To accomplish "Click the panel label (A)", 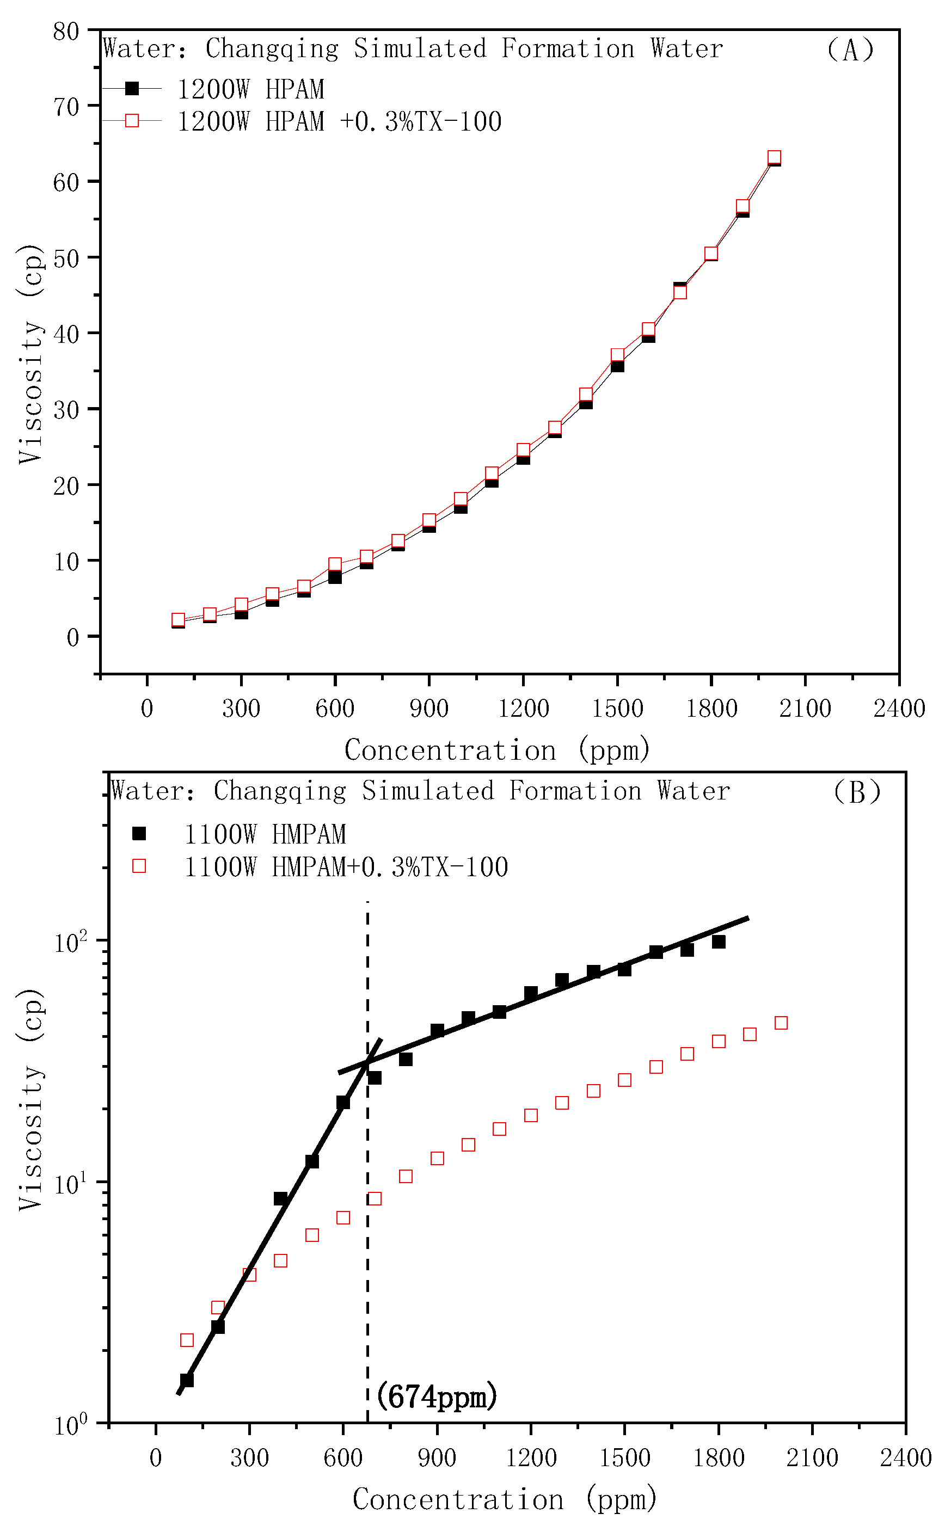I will click(x=849, y=50).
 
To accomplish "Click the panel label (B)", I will click(x=856, y=792).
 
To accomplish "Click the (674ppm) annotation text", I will click(x=437, y=1396).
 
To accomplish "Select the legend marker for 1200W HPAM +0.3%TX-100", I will click(x=132, y=121).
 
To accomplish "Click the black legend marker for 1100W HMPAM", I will click(x=139, y=833).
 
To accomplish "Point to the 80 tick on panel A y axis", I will click(x=66, y=31).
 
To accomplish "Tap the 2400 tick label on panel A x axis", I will click(x=898, y=709).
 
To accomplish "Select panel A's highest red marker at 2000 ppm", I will click(x=774, y=157).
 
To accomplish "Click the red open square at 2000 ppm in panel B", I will click(x=781, y=1023).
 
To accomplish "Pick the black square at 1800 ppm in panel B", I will click(x=718, y=942).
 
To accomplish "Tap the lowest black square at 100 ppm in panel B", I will click(x=186, y=1380).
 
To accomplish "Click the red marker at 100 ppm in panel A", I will click(x=178, y=620).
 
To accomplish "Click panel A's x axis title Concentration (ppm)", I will click(x=497, y=749).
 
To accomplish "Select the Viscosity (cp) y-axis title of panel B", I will click(x=30, y=1100).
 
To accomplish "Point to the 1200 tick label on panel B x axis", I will click(x=530, y=1459).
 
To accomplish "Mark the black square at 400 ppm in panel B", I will click(x=280, y=1199).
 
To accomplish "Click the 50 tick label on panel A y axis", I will click(x=66, y=259).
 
